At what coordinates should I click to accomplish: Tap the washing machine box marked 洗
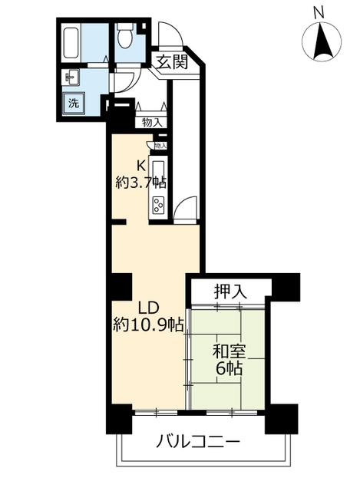pyautogui.click(x=74, y=103)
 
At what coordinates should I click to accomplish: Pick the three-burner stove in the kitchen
pyautogui.click(x=159, y=205)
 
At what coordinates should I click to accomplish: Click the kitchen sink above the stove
pyautogui.click(x=159, y=173)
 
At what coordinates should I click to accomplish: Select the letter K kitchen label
pyautogui.click(x=141, y=165)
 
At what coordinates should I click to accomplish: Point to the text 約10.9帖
pyautogui.click(x=146, y=325)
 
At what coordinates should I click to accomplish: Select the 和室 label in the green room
pyautogui.click(x=229, y=351)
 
